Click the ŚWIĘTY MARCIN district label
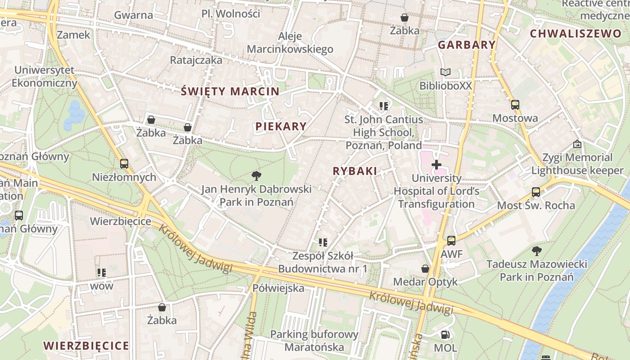pyautogui.click(x=230, y=91)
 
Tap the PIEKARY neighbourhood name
pyautogui.click(x=281, y=126)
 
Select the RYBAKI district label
pyautogui.click(x=355, y=171)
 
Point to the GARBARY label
pyautogui.click(x=467, y=45)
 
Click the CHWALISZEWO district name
pyautogui.click(x=576, y=34)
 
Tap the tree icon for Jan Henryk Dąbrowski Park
pyautogui.click(x=256, y=175)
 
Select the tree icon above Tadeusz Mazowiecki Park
pyautogui.click(x=536, y=251)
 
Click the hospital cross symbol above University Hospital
pyautogui.click(x=436, y=165)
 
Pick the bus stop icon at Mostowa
pyautogui.click(x=515, y=105)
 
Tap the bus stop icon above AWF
pyautogui.click(x=451, y=241)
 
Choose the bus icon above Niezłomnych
pyautogui.click(x=124, y=164)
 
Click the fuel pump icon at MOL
pyautogui.click(x=445, y=334)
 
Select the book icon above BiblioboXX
pyautogui.click(x=445, y=72)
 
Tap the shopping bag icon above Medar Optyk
pyautogui.click(x=425, y=269)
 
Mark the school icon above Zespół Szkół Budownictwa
pyautogui.click(x=323, y=243)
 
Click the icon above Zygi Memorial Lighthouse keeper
pyautogui.click(x=577, y=144)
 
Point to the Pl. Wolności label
pyautogui.click(x=231, y=14)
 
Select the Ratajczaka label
pyautogui.click(x=196, y=60)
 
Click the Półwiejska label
pyautogui.click(x=279, y=288)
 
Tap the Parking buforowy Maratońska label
pyautogui.click(x=314, y=341)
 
